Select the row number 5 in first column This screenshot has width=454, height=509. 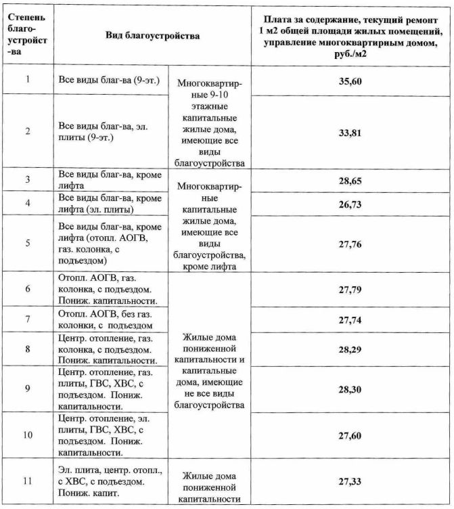coord(28,242)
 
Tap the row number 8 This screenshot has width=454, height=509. coord(28,349)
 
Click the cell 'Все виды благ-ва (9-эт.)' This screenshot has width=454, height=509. coord(108,81)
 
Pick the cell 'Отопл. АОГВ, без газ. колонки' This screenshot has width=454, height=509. coord(108,319)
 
